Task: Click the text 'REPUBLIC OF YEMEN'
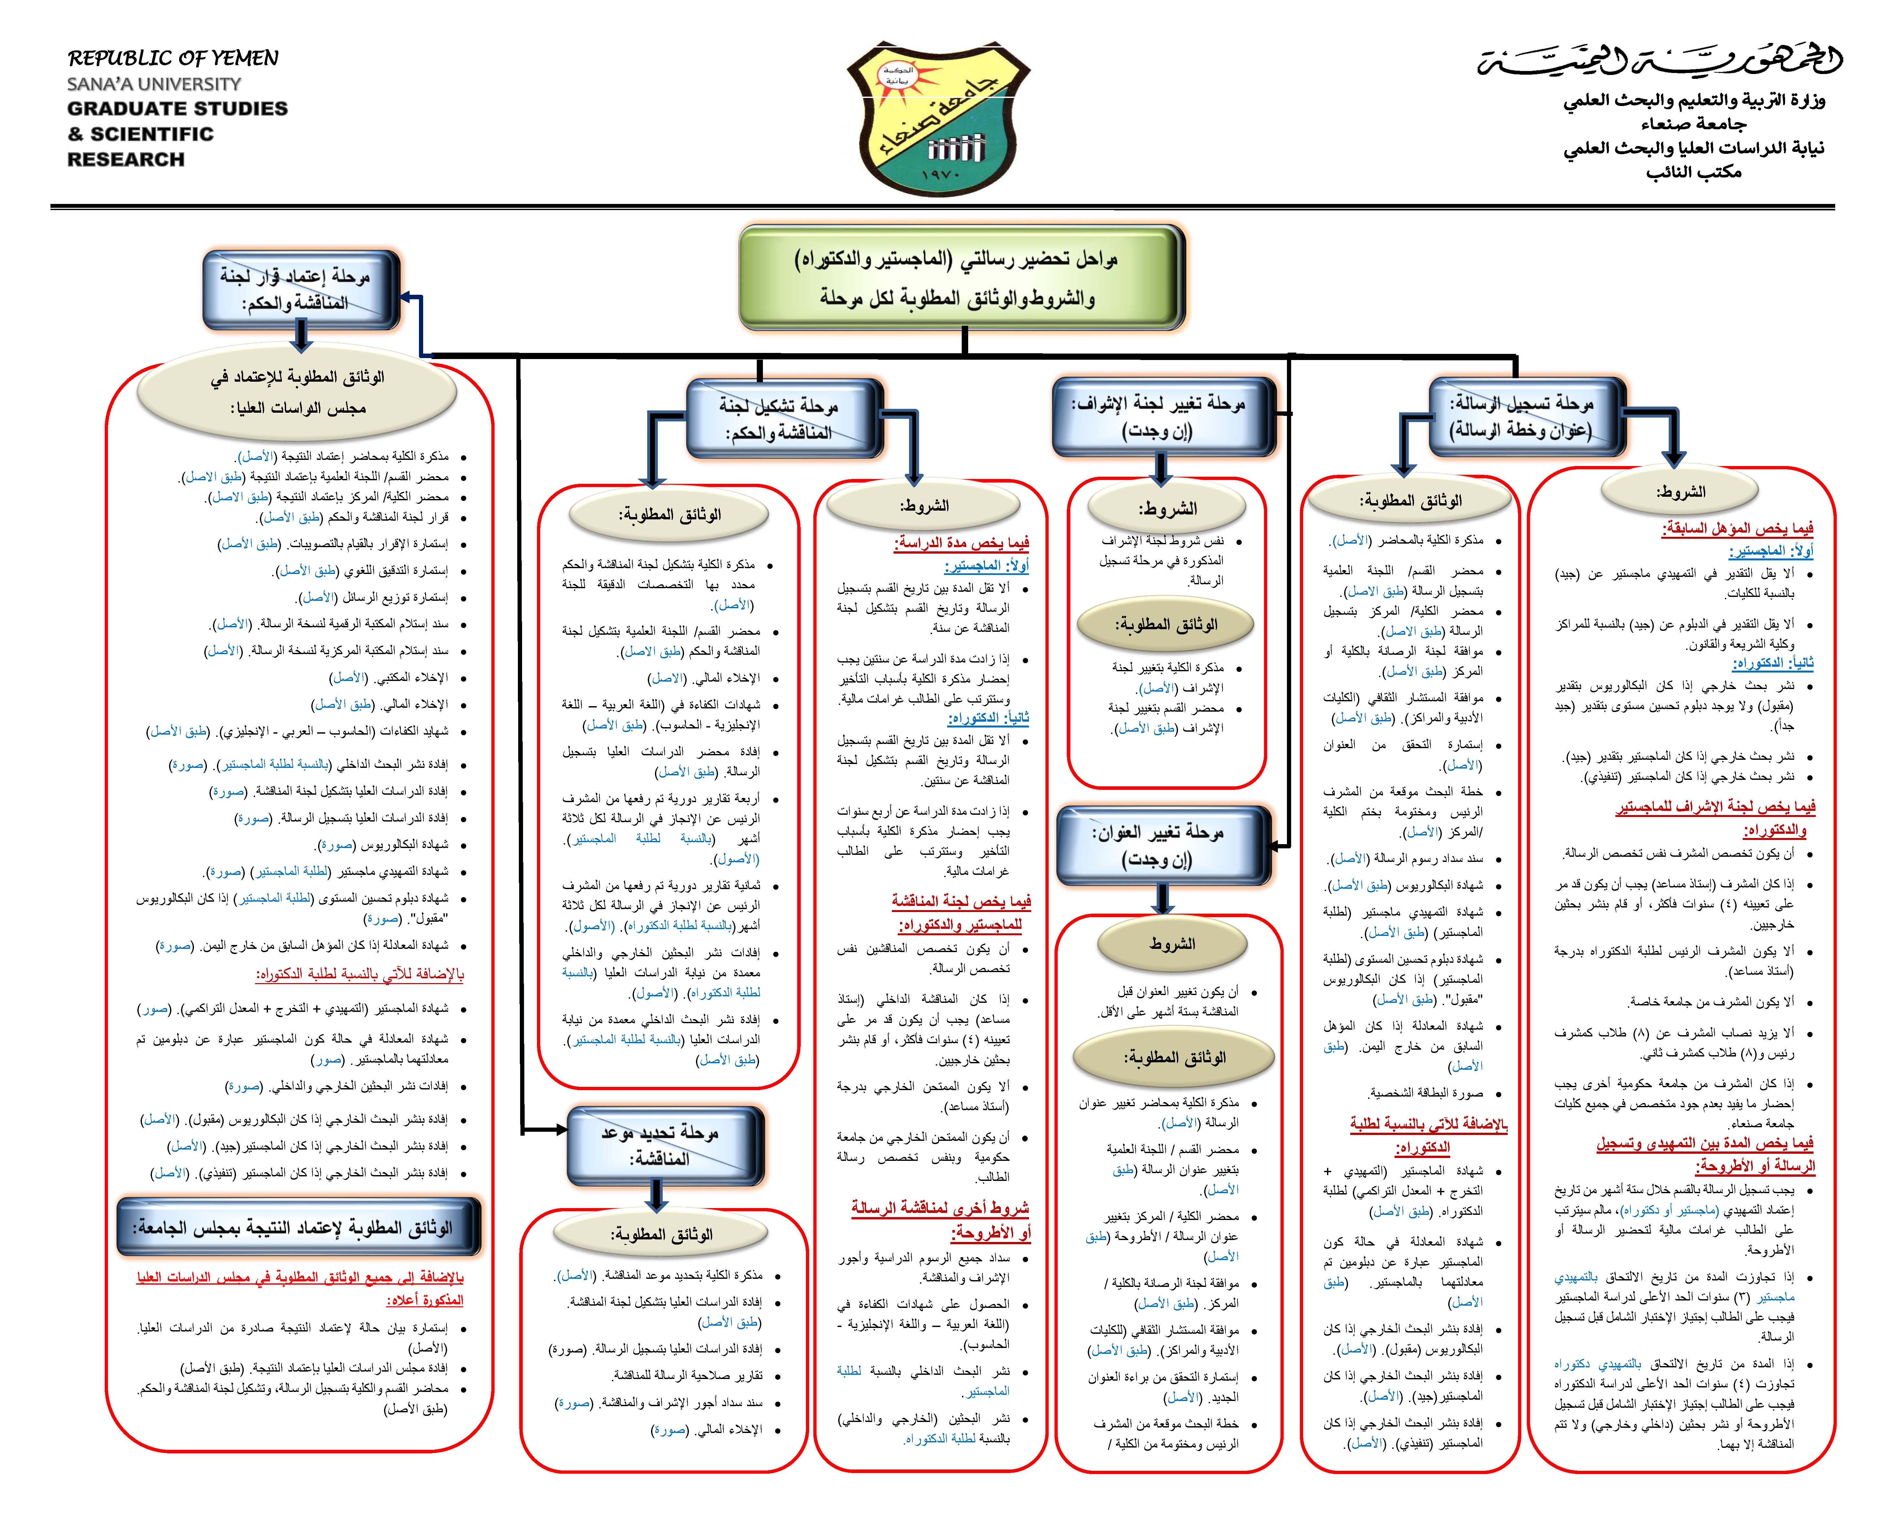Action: click(x=173, y=58)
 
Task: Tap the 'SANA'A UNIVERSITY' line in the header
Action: click(x=154, y=84)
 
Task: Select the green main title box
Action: click(x=961, y=278)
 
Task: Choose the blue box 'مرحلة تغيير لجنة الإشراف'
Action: click(x=1162, y=417)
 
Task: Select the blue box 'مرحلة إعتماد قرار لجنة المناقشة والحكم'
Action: click(x=300, y=289)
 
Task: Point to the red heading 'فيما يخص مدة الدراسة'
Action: click(x=961, y=544)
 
